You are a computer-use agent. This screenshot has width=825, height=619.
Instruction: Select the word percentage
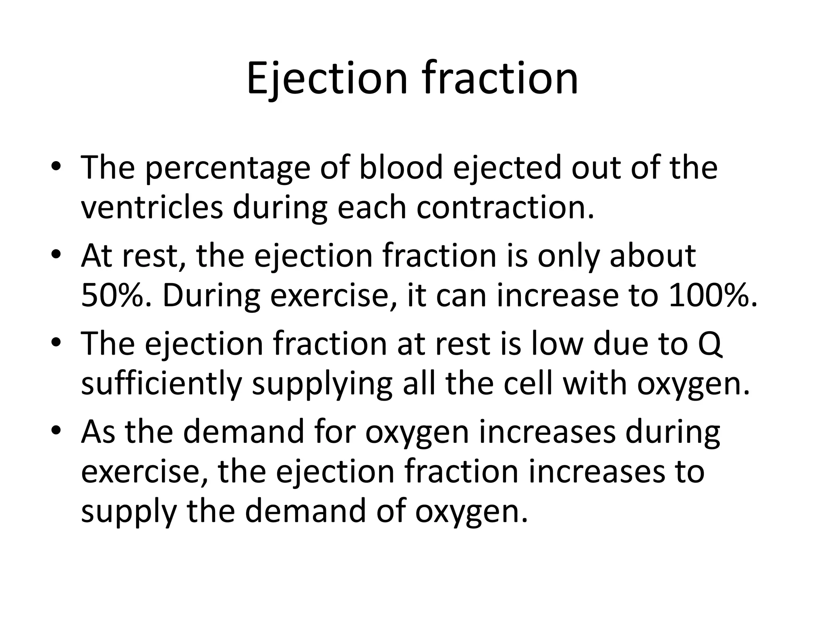click(228, 168)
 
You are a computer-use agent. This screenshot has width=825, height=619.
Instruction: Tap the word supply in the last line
click(129, 511)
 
